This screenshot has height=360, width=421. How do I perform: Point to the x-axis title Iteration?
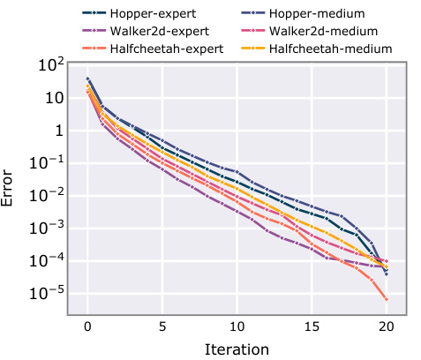pyautogui.click(x=237, y=349)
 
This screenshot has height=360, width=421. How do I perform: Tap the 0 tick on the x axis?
pyautogui.click(x=87, y=326)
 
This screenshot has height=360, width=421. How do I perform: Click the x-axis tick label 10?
pyautogui.click(x=237, y=326)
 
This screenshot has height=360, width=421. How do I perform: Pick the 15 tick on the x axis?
pyautogui.click(x=312, y=326)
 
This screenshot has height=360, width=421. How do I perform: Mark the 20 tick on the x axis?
pyautogui.click(x=386, y=326)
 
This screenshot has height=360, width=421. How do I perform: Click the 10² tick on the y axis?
pyautogui.click(x=49, y=65)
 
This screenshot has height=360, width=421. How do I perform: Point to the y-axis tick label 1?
pyautogui.click(x=56, y=131)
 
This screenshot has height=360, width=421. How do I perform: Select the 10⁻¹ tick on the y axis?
pyautogui.click(x=46, y=163)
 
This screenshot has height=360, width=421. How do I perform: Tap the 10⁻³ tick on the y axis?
pyautogui.click(x=46, y=229)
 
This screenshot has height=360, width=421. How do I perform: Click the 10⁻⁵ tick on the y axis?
pyautogui.click(x=46, y=294)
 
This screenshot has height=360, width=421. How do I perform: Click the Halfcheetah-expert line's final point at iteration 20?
pyautogui.click(x=386, y=300)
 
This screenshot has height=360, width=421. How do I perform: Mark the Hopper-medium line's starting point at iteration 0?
pyautogui.click(x=87, y=79)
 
